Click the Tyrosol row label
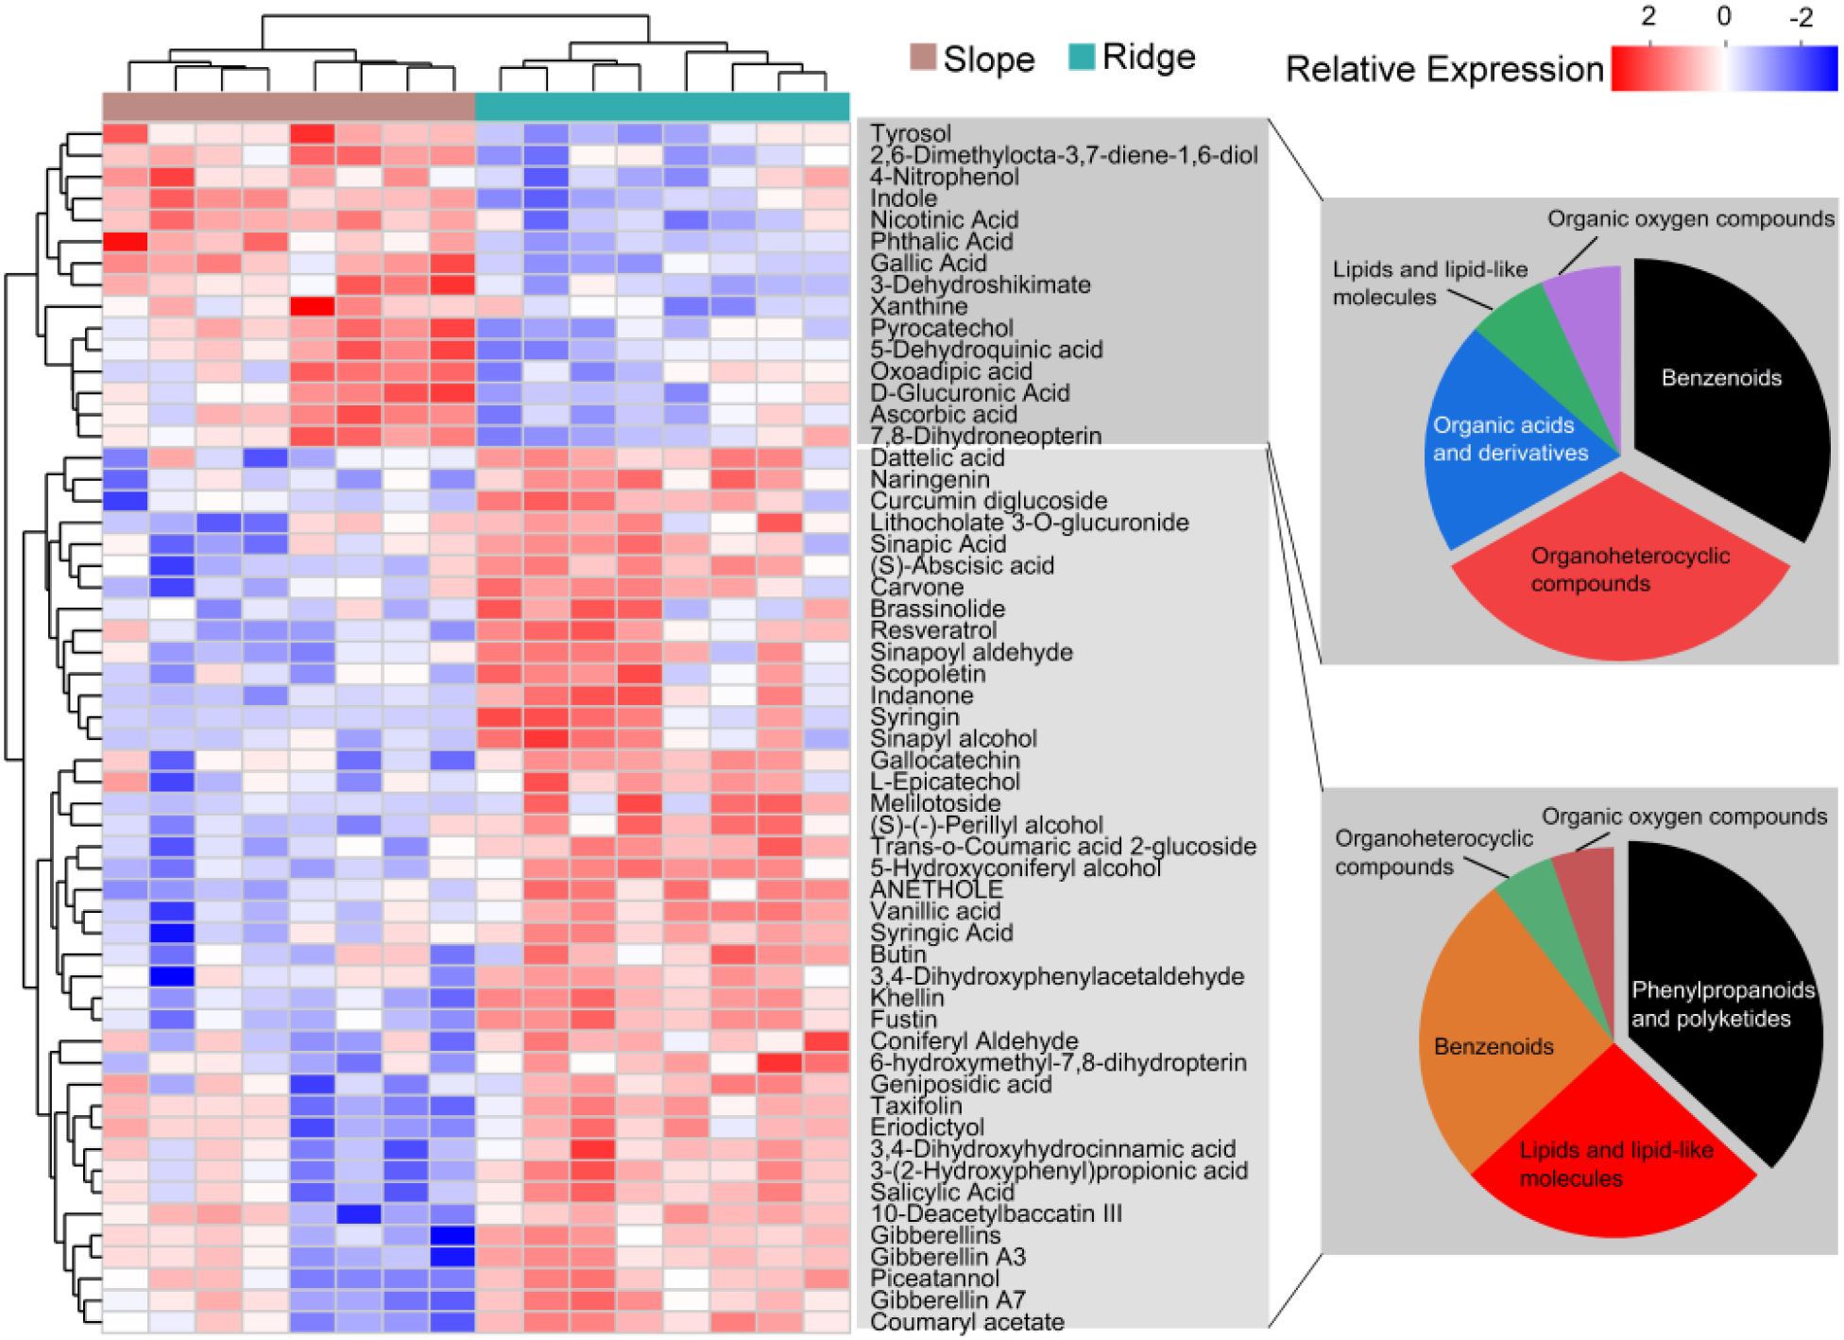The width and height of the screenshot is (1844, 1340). coord(910,134)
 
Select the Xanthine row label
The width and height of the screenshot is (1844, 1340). coord(918,307)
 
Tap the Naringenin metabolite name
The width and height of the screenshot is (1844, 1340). coord(916,480)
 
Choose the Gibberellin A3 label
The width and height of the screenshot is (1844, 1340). coord(948,1258)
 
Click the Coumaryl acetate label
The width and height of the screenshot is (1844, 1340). coord(966,1323)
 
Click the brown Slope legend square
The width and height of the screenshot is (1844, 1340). coord(922,57)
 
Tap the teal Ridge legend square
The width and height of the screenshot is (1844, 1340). coord(1081,57)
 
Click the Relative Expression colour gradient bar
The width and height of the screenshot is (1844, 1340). coord(1724,69)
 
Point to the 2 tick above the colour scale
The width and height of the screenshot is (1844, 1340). coord(1648,16)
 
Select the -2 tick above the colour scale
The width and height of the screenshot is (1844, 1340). coord(1800,16)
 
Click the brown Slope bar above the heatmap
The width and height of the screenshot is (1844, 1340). coord(288,107)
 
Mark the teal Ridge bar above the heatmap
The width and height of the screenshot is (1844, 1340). coord(661,107)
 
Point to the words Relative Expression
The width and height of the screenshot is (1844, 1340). coord(1444,70)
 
